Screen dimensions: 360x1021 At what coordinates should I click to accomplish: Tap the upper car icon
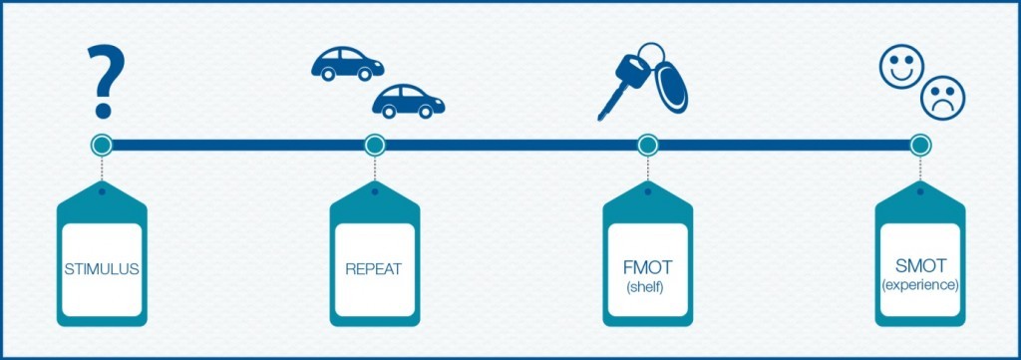[x=346, y=63]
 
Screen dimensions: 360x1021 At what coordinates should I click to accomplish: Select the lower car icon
[x=408, y=100]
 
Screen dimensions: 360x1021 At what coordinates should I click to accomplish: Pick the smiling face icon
[x=899, y=67]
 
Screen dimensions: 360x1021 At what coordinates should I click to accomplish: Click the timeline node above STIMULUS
[x=101, y=146]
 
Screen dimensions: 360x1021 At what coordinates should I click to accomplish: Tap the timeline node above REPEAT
[x=374, y=146]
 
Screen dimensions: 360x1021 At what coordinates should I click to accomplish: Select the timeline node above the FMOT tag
[x=647, y=146]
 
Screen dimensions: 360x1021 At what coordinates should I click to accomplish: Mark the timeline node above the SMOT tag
[x=920, y=146]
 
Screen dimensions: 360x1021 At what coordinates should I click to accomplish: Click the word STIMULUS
[x=101, y=269]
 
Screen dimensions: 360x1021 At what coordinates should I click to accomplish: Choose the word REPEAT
[x=374, y=269]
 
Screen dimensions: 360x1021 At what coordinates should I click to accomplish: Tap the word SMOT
[x=920, y=266]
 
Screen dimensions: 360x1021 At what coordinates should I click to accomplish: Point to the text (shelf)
[x=647, y=288]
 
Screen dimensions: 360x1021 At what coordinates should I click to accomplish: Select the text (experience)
[x=920, y=285]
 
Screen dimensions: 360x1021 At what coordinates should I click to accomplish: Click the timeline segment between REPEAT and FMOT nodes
[x=510, y=146]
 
